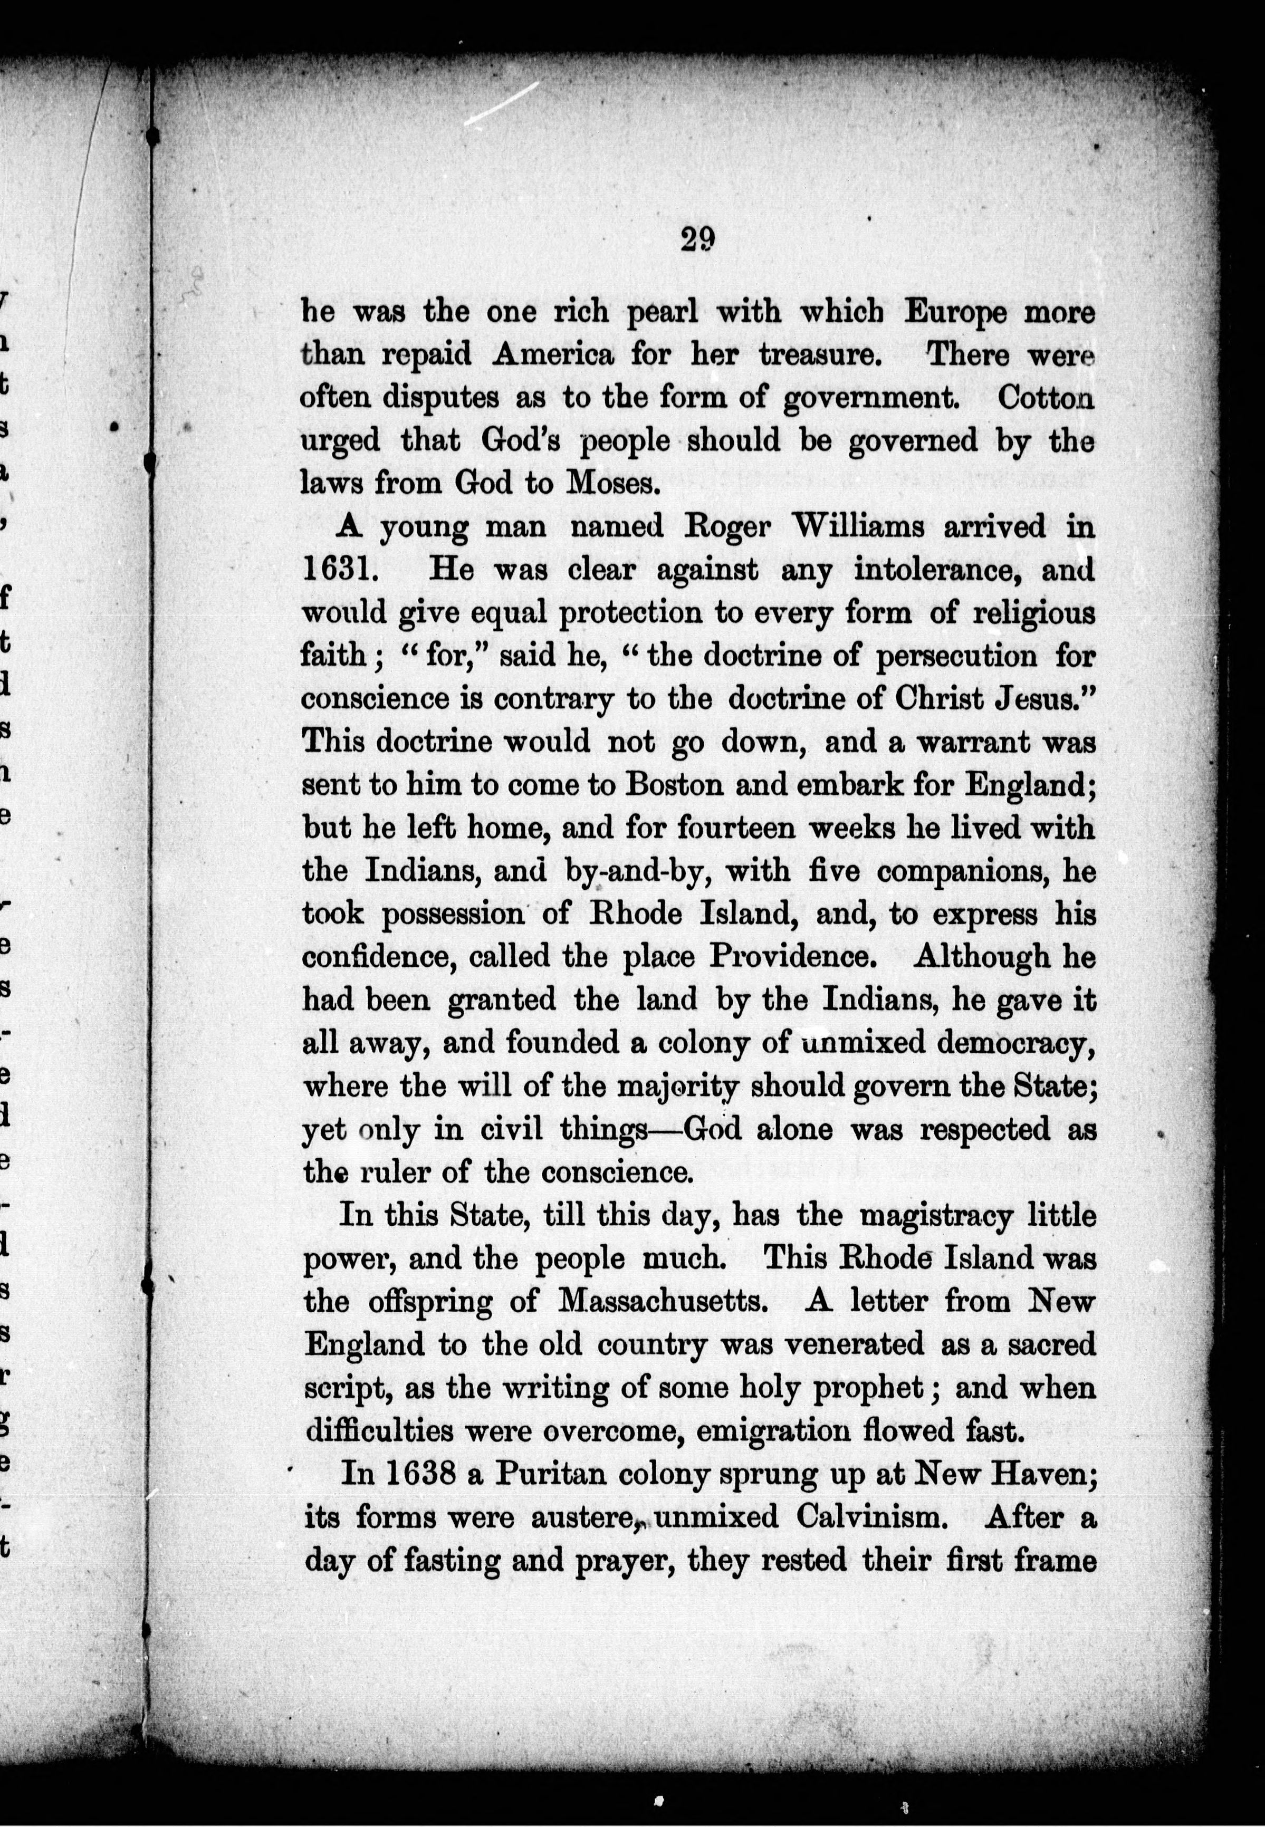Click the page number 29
click(x=697, y=238)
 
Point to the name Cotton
click(x=1046, y=397)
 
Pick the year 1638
click(x=421, y=1474)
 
